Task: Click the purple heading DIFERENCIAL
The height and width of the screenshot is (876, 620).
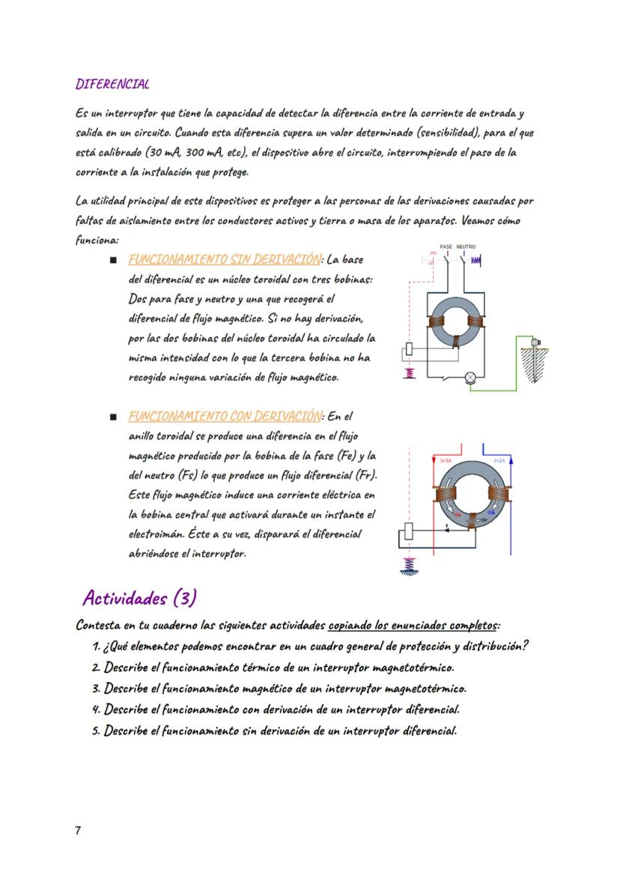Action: (x=112, y=83)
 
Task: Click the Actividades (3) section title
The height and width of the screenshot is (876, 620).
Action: (x=139, y=597)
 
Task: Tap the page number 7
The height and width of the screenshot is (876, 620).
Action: (x=79, y=830)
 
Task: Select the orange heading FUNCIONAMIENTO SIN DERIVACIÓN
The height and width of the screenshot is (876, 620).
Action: (x=225, y=259)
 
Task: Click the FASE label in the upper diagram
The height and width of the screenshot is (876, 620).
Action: (x=446, y=247)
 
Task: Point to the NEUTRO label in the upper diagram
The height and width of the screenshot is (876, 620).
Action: (x=466, y=247)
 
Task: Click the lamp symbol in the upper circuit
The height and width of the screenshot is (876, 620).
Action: (x=470, y=378)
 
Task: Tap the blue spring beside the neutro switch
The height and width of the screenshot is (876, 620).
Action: (x=475, y=259)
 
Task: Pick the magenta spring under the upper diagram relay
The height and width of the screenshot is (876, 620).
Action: (x=409, y=372)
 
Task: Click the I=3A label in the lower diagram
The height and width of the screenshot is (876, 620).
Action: (x=445, y=460)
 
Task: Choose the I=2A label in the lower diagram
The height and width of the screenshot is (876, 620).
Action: (x=499, y=460)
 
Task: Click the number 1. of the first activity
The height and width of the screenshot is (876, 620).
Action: (x=97, y=647)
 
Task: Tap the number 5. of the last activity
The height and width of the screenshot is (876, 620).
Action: (x=97, y=731)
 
